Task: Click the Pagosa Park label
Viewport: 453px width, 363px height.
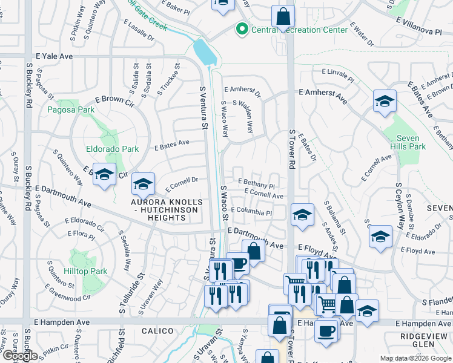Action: (71, 110)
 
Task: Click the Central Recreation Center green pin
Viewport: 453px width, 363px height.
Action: (242, 28)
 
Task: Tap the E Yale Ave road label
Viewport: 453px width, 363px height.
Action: (54, 56)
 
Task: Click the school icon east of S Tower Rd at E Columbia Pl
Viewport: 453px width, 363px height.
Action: (302, 215)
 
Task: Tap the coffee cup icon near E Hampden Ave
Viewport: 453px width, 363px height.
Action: (327, 332)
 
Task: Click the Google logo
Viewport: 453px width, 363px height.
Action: (19, 356)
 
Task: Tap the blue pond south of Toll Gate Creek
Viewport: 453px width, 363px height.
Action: (205, 51)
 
